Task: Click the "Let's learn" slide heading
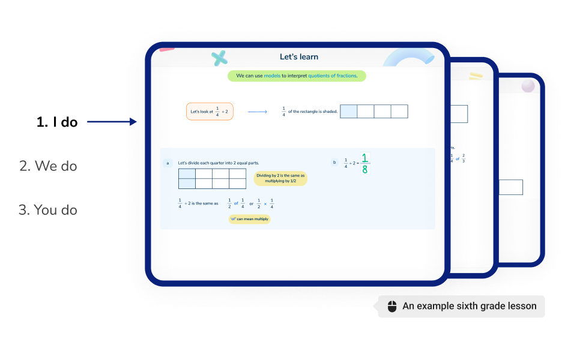[x=298, y=57]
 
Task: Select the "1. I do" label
[x=57, y=122]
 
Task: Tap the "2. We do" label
[x=48, y=166]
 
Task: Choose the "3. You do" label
[x=47, y=210]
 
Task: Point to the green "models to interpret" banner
[x=297, y=76]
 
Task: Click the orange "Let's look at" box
[x=210, y=112]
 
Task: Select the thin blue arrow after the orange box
[x=257, y=112]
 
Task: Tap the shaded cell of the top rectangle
[x=348, y=112]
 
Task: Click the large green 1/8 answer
[x=365, y=163]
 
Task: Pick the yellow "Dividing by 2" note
[x=280, y=178]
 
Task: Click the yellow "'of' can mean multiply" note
[x=250, y=219]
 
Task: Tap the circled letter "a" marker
[x=168, y=163]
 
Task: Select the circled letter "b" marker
[x=334, y=162]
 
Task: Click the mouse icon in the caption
[x=392, y=307]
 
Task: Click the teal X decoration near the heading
[x=220, y=58]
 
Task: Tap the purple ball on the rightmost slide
[x=528, y=86]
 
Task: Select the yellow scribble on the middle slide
[x=476, y=76]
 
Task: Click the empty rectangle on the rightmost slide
[x=511, y=187]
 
